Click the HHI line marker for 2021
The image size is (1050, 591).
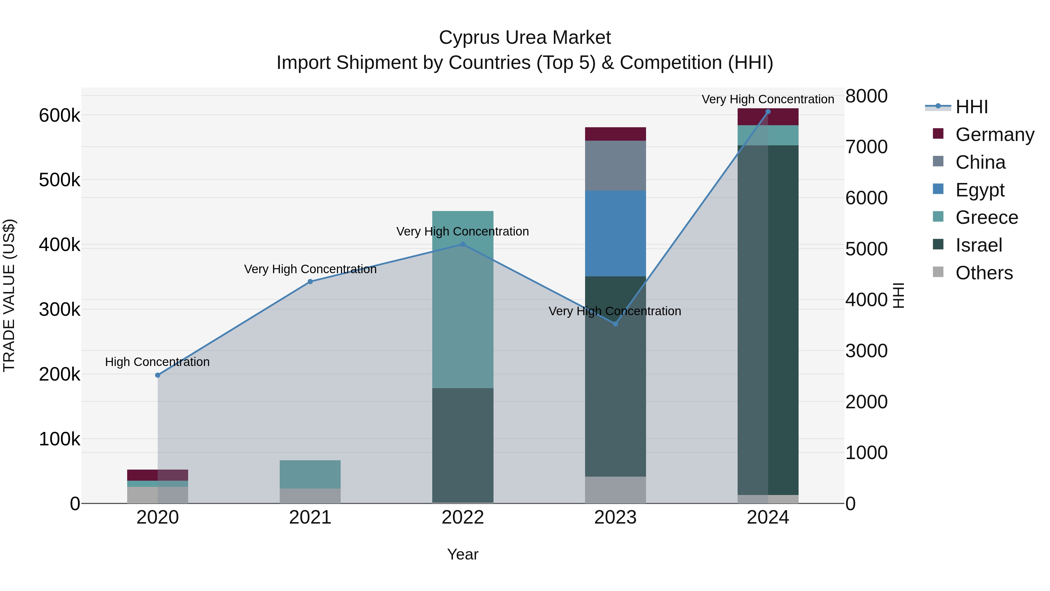(x=310, y=281)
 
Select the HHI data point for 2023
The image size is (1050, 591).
(x=615, y=324)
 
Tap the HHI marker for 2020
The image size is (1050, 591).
(x=158, y=375)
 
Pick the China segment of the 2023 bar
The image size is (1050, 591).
(x=615, y=165)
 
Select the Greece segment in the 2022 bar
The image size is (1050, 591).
(x=463, y=299)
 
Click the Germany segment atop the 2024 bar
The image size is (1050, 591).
(x=768, y=117)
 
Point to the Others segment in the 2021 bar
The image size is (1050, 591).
(x=310, y=496)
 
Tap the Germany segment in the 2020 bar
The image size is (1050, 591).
(x=158, y=475)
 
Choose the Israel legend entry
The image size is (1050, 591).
(x=978, y=245)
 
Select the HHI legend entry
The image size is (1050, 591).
(x=971, y=107)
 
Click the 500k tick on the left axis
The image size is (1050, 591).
(x=60, y=180)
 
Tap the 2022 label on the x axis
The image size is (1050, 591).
(x=463, y=517)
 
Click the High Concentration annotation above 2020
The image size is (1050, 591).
(x=157, y=362)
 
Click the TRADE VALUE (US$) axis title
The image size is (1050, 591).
(x=9, y=295)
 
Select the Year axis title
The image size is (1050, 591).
(x=463, y=554)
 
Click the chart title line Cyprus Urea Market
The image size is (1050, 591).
(x=525, y=38)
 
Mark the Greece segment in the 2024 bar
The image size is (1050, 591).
(x=768, y=135)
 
